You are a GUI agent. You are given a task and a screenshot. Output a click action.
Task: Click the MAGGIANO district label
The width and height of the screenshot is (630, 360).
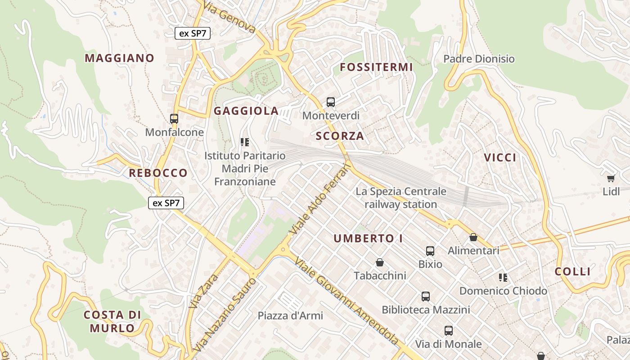tap(119, 58)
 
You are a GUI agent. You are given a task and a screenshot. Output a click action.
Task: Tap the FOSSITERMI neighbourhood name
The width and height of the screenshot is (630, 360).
tap(376, 67)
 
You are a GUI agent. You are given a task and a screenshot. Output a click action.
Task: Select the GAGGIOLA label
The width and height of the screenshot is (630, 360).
tap(246, 111)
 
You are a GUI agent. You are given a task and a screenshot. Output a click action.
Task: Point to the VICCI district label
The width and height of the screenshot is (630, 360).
tap(500, 157)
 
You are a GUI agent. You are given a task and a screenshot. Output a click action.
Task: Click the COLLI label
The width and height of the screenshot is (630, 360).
tap(572, 271)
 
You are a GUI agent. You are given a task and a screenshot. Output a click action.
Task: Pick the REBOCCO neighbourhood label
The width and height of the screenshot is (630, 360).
tap(158, 173)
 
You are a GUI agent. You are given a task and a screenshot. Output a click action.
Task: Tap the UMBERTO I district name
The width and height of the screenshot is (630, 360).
tap(368, 239)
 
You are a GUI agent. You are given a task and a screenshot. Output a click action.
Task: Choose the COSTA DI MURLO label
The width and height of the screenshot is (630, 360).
tap(112, 321)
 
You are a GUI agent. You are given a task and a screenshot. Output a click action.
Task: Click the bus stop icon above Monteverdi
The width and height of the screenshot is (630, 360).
tap(331, 102)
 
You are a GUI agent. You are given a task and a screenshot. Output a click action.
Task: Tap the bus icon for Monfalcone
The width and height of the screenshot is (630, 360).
tap(174, 119)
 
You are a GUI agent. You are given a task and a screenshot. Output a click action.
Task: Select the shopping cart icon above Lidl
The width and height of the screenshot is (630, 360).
tap(611, 179)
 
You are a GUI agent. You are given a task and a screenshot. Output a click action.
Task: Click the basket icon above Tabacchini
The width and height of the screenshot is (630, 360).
tap(380, 262)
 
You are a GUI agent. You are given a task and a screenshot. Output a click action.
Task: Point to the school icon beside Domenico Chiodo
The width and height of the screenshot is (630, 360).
tap(503, 278)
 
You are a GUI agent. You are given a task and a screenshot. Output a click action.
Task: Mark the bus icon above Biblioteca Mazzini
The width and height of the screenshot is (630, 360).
tap(426, 297)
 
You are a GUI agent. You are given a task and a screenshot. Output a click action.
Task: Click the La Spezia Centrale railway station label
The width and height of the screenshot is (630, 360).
tap(401, 198)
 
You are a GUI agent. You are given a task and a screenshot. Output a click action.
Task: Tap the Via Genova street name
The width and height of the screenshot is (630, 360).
tap(229, 18)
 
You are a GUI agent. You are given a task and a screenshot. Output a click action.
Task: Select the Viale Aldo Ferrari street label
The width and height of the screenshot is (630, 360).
tap(320, 198)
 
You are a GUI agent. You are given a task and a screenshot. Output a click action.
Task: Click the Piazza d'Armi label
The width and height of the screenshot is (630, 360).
tap(290, 316)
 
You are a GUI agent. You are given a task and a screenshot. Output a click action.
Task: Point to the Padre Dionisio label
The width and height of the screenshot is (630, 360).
tap(479, 59)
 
